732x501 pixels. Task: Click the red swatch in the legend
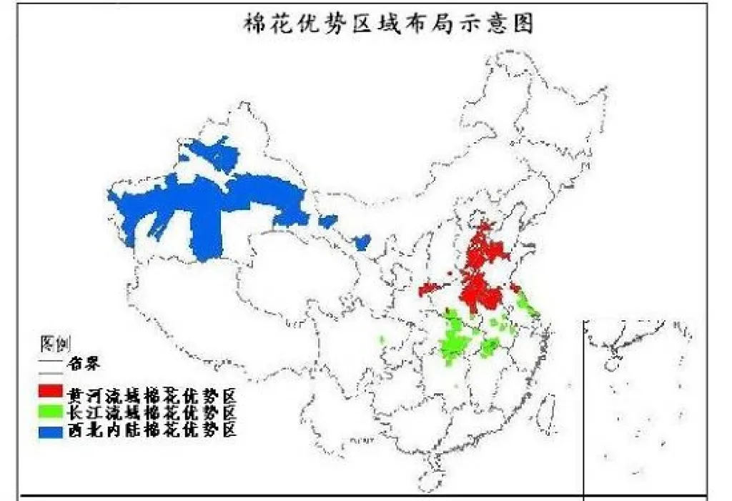tap(51, 392)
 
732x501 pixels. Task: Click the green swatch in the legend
tap(51, 412)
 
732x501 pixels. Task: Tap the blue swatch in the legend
tap(51, 430)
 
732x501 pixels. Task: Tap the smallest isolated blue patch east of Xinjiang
tap(362, 242)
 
